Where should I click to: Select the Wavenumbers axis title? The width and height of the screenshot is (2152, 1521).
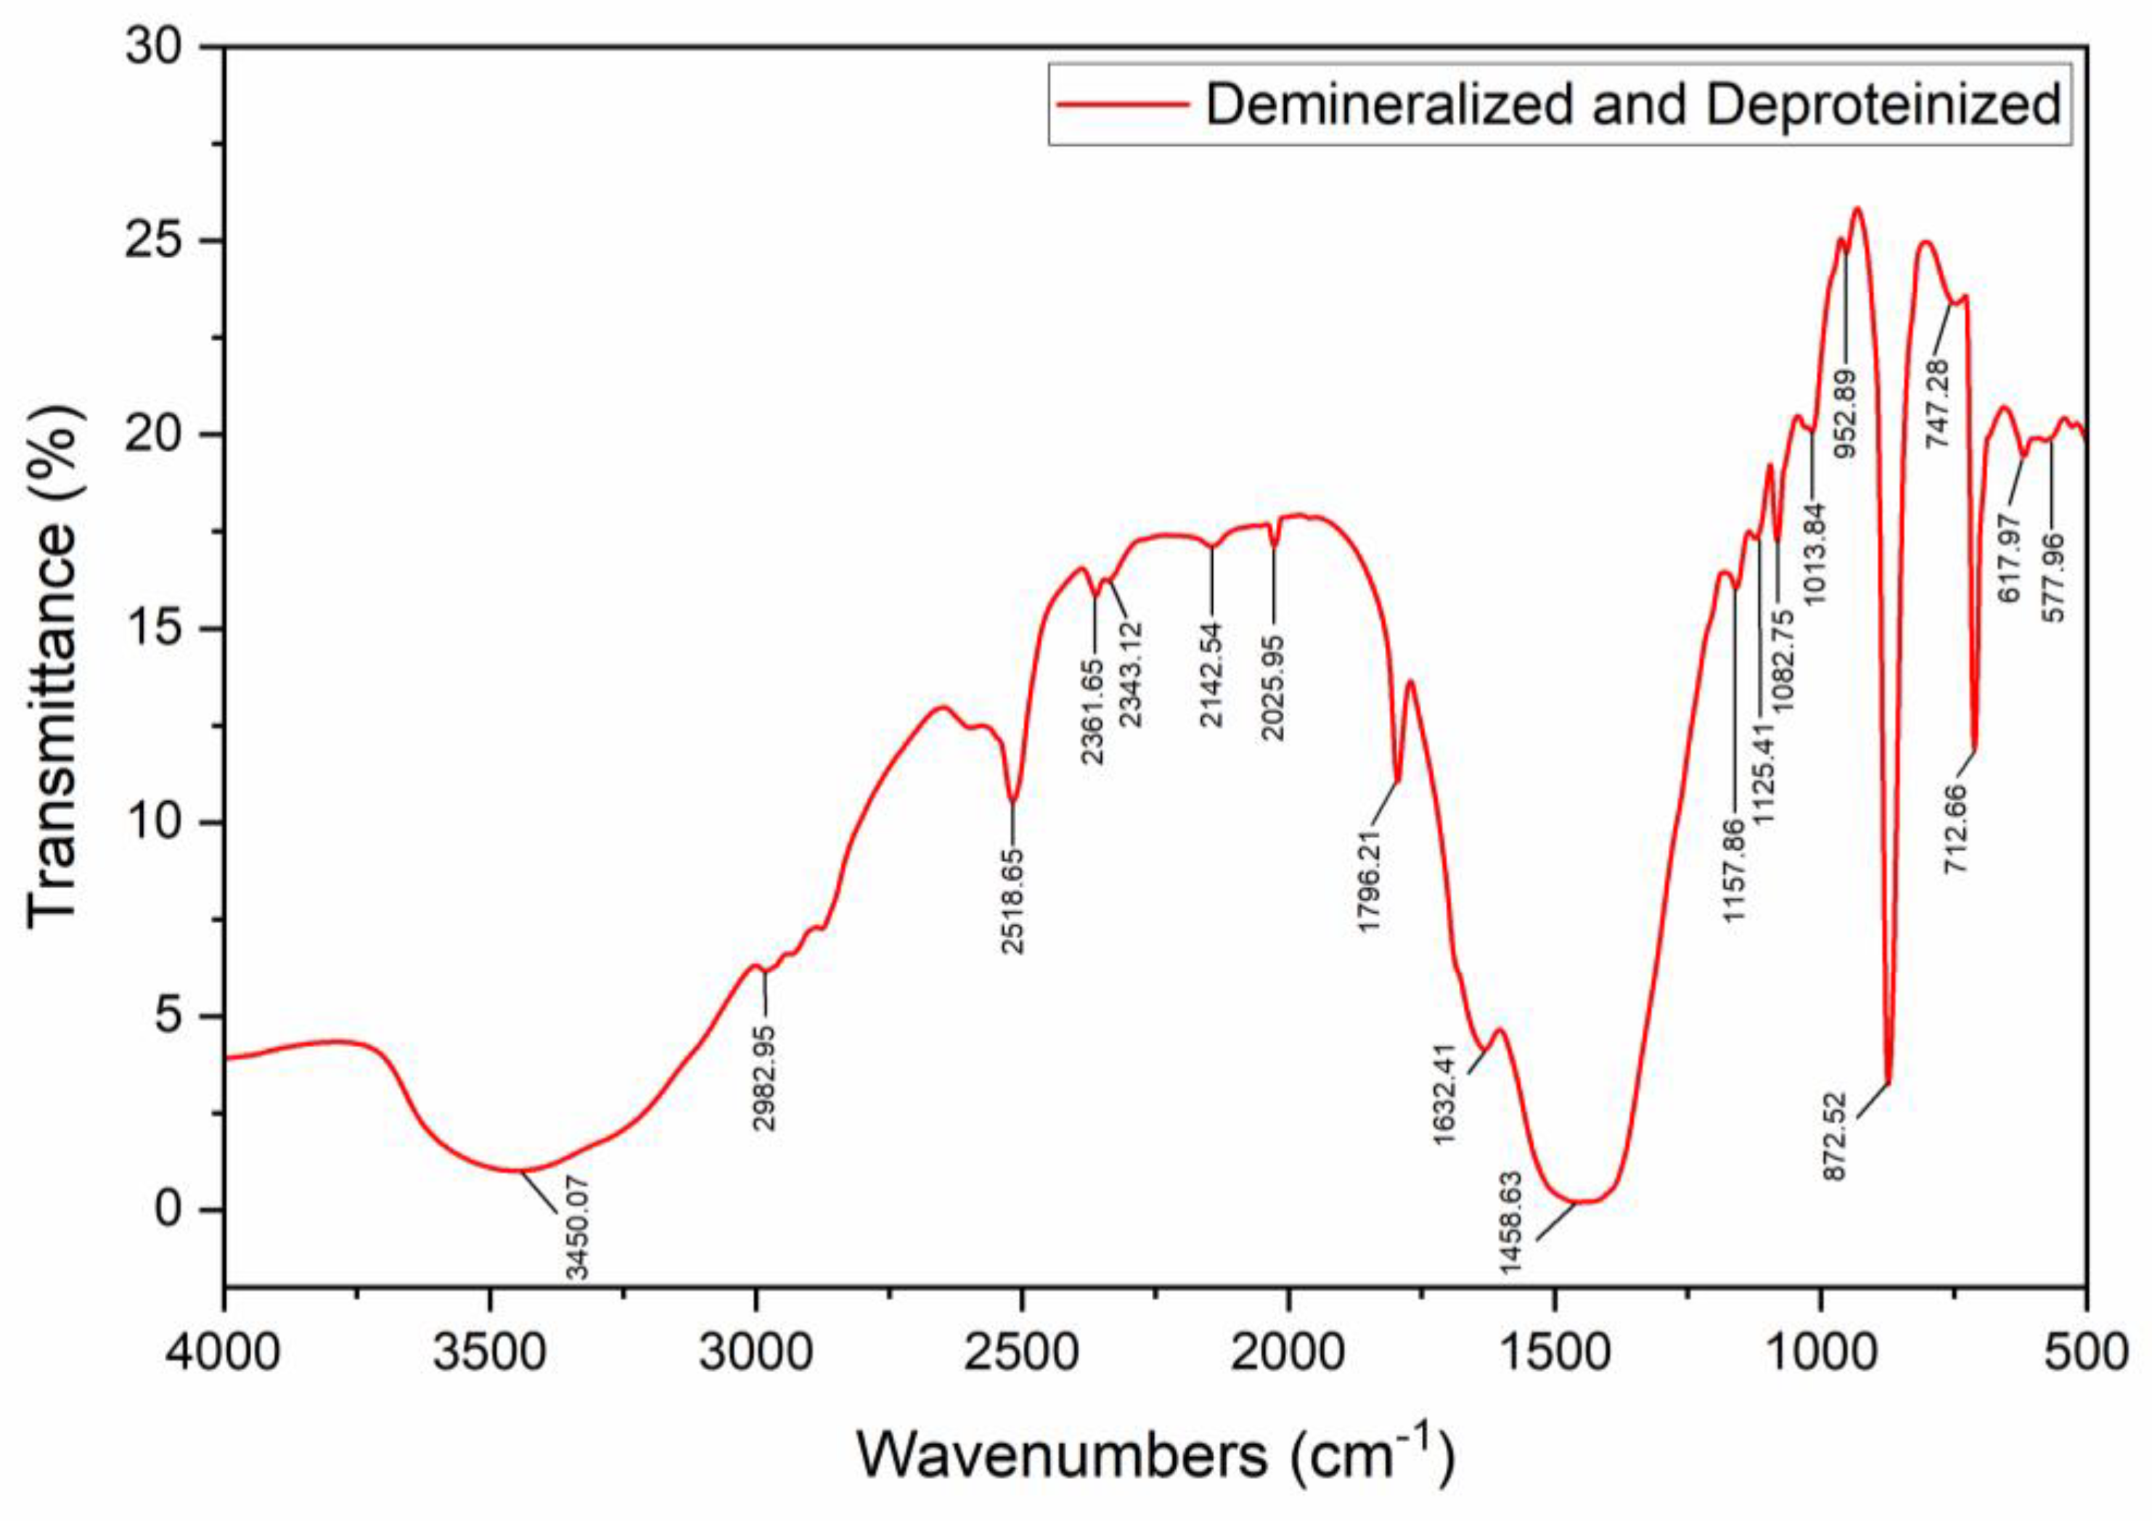pyautogui.click(x=1154, y=1454)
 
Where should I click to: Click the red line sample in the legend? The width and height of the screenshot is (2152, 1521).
pyautogui.click(x=1121, y=104)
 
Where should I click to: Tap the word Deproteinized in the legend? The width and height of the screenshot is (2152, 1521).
pyautogui.click(x=1882, y=104)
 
